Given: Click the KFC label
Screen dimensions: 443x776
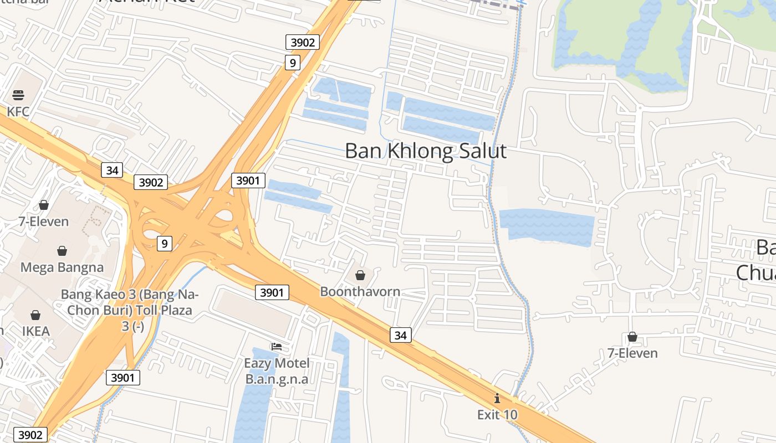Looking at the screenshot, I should [18, 112].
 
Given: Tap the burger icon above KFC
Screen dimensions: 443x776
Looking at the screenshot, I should [18, 95].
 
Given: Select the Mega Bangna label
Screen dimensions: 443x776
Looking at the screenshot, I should [62, 267].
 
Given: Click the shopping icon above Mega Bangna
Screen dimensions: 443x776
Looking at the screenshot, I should [62, 251].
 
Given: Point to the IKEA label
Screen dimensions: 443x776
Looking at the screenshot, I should [36, 331].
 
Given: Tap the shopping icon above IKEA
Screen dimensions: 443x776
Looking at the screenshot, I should [35, 315].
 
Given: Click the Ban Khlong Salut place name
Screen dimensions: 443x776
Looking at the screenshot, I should [426, 151].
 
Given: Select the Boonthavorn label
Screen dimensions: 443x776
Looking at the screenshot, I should [360, 291].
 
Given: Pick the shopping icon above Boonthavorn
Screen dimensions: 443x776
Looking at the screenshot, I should [360, 275].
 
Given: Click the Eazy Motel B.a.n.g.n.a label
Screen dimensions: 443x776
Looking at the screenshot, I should [277, 371].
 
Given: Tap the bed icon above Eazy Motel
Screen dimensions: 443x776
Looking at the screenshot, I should [277, 347].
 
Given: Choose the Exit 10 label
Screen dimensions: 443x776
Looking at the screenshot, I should [497, 414].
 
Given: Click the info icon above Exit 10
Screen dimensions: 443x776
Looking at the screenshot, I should [497, 398].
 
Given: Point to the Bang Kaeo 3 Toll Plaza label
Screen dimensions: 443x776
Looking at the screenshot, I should [130, 310].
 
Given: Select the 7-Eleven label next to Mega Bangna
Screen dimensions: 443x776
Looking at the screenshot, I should [44, 221].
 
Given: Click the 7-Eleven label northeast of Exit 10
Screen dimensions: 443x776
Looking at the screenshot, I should [632, 353].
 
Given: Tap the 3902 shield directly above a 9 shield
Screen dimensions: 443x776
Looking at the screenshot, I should [303, 42].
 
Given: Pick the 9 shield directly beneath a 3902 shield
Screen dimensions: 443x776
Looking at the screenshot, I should [292, 63].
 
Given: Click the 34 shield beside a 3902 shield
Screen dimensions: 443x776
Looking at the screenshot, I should [112, 170].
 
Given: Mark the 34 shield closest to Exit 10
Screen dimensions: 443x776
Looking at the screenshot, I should [401, 335].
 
